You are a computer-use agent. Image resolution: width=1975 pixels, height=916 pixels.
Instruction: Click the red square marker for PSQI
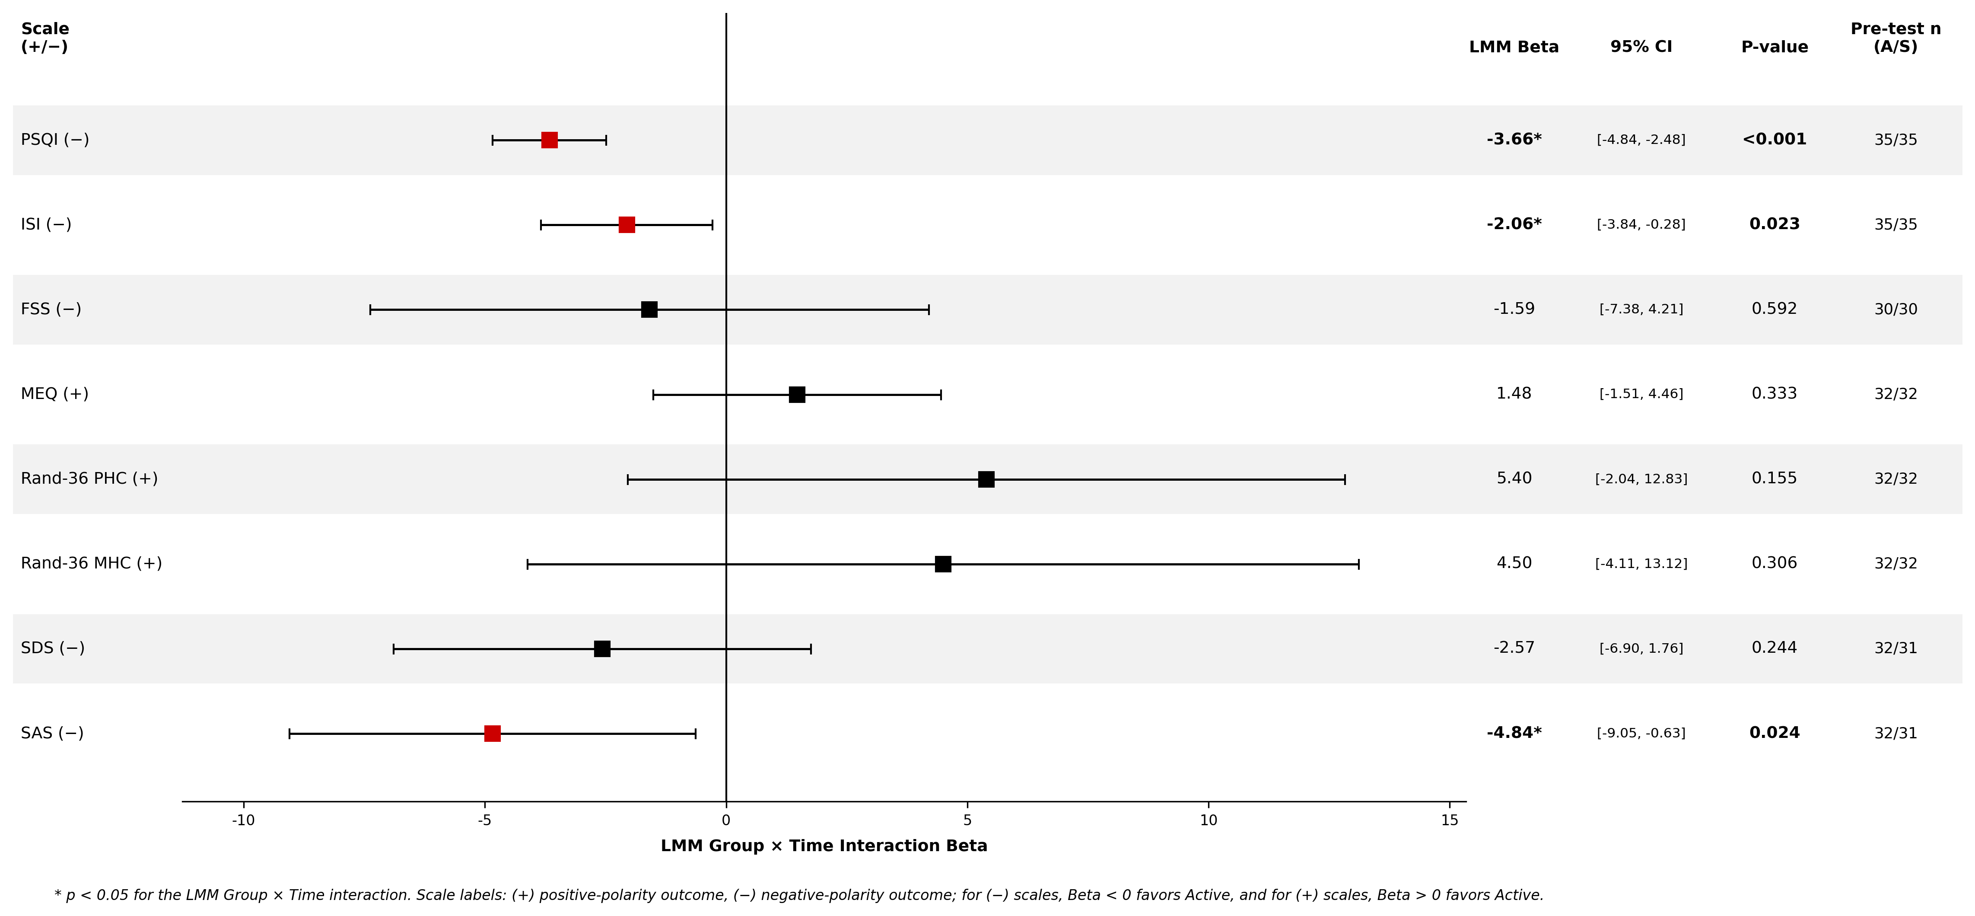549,140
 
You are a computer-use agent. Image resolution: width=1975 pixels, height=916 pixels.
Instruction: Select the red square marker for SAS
492,734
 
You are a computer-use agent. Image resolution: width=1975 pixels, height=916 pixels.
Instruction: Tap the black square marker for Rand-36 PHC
986,479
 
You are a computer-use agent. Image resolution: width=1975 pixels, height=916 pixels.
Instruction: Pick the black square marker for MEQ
797,394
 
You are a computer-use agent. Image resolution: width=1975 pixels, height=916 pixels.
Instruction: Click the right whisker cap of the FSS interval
929,310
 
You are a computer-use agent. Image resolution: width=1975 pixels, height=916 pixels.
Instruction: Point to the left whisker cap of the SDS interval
393,649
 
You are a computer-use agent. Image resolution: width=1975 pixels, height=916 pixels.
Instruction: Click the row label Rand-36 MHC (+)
91,563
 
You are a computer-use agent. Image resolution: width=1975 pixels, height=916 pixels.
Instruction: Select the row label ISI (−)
46,224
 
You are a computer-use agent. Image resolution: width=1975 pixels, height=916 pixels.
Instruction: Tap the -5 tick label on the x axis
484,820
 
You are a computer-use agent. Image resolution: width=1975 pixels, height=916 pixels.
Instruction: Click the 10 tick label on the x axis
1209,820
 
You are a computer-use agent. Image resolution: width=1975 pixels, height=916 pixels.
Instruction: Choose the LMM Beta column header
1514,47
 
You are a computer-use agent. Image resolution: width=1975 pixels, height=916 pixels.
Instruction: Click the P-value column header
1774,47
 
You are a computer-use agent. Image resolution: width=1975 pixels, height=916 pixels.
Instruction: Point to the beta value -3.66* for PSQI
1514,139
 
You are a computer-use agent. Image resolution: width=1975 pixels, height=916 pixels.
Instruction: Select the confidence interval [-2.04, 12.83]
1641,479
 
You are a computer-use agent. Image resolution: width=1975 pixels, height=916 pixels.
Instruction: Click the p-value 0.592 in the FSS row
1774,308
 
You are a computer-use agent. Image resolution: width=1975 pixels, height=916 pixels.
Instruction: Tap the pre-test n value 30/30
1895,309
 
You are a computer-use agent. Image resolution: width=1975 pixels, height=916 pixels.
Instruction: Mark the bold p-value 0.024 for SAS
1774,733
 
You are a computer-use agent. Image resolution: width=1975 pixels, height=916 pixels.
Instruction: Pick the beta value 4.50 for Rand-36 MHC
1514,563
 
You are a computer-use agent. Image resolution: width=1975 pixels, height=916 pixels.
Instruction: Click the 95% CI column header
1641,47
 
